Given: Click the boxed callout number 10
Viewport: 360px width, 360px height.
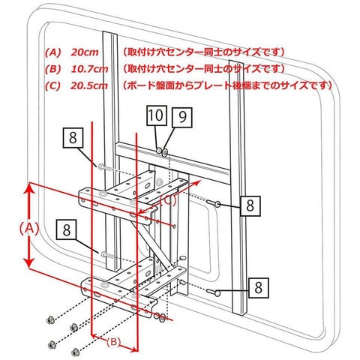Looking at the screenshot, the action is (x=157, y=115).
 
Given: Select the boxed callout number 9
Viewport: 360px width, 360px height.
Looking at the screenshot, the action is (x=182, y=117).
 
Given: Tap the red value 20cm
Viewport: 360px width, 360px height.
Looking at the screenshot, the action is (x=85, y=52).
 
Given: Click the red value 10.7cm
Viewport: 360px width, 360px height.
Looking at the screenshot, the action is (x=89, y=69).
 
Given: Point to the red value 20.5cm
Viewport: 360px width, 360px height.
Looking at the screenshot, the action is (x=89, y=85).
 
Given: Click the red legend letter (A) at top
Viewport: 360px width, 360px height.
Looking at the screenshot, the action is (x=52, y=52).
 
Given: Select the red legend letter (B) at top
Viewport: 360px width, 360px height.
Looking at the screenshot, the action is (x=52, y=69).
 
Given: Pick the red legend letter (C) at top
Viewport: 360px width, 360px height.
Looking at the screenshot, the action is (x=52, y=85).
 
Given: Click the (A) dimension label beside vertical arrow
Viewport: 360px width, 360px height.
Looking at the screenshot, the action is (x=29, y=229).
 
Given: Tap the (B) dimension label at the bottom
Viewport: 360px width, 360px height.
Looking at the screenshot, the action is (x=114, y=342).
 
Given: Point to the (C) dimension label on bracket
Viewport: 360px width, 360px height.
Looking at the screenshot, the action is (x=168, y=200).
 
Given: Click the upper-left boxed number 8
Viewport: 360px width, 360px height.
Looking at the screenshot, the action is (x=73, y=138).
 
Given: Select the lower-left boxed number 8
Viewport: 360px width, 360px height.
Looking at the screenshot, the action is (x=67, y=229).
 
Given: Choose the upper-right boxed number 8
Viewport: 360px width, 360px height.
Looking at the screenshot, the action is (x=250, y=206).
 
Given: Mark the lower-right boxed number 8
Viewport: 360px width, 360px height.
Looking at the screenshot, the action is (x=259, y=288).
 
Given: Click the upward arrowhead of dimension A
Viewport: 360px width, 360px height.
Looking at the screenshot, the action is (x=29, y=190).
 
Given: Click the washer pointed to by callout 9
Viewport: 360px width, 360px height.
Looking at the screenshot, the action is (x=165, y=152).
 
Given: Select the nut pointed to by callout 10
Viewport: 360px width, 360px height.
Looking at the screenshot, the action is (x=159, y=151).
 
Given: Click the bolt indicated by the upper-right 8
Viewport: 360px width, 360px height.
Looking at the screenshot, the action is (x=214, y=203).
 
